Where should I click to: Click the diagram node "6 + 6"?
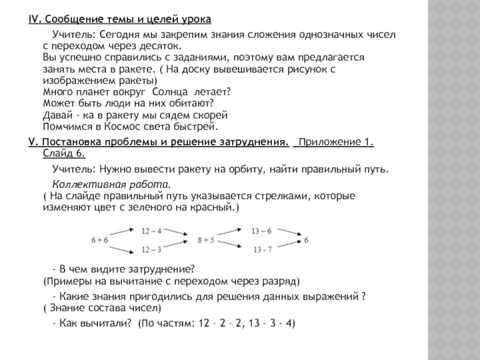(x=100, y=240)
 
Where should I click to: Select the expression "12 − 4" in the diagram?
(x=152, y=230)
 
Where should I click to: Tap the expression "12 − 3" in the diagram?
(x=152, y=249)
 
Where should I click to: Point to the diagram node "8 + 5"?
(x=206, y=240)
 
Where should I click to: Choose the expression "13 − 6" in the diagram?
(x=262, y=230)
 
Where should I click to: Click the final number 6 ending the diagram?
(x=306, y=240)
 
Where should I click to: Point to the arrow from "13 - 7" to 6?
(x=289, y=245)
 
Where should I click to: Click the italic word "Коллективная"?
(x=86, y=184)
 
